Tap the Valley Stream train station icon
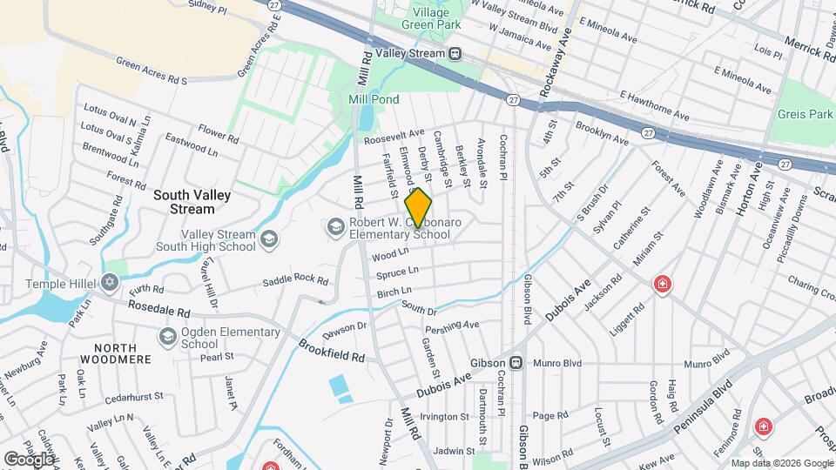point(455,54)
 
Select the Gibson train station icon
point(516,362)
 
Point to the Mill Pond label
point(374,100)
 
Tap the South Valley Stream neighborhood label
point(184,202)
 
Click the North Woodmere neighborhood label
point(116,352)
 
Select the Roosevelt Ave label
point(394,138)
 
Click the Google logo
point(29,459)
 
